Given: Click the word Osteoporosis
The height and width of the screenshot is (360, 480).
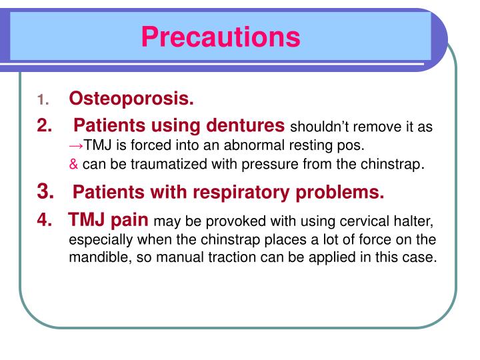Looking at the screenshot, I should tap(131, 99).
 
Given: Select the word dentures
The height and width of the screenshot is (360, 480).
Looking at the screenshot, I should tap(245, 125).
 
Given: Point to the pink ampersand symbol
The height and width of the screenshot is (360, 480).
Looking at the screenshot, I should tap(73, 163).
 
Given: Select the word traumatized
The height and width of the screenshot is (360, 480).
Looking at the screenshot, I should tap(161, 163).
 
